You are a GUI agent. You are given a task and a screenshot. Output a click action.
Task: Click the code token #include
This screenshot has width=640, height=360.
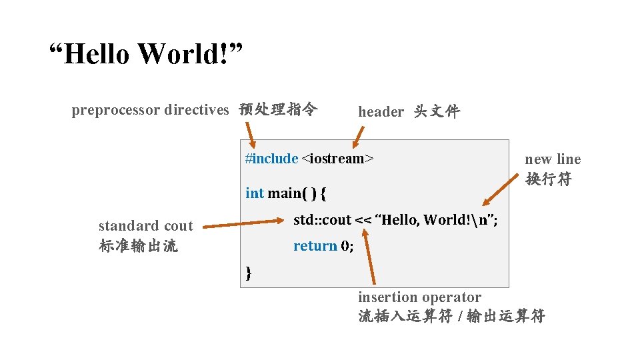271,159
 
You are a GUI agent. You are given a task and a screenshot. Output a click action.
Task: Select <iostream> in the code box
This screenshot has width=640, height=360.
337,159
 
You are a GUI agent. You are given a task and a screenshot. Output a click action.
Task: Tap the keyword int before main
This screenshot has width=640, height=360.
255,193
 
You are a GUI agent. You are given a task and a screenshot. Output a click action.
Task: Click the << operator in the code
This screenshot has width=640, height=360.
364,220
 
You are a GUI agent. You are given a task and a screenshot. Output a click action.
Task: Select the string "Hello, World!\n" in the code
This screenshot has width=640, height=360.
437,220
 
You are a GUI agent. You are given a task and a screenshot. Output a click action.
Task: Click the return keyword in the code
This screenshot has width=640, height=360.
315,246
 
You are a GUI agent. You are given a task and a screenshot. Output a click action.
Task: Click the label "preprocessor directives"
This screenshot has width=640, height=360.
150,110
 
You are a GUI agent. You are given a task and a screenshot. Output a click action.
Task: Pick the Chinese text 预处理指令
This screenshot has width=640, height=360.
278,109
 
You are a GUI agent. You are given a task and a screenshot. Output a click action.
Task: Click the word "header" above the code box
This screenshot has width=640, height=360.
381,112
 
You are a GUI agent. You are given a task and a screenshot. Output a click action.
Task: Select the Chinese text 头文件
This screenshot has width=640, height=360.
437,111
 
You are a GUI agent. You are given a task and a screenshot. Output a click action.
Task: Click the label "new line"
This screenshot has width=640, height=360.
553,159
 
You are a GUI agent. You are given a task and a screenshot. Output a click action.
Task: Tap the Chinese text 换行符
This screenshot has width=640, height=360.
548,179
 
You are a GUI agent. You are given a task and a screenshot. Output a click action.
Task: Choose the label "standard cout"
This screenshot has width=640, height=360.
145,226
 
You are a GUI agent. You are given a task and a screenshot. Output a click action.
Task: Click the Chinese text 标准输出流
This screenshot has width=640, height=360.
138,246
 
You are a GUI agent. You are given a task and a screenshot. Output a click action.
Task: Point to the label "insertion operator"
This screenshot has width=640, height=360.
419,297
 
